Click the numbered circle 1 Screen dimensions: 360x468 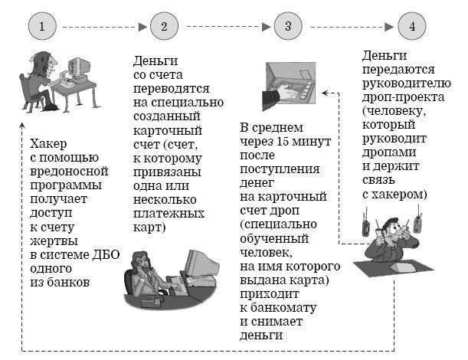point(44,27)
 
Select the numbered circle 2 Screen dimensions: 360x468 point(163,27)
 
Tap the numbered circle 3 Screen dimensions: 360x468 point(287,27)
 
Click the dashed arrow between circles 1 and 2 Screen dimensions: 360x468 point(104,27)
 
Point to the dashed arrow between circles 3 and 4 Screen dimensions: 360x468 point(350,27)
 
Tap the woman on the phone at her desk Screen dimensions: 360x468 point(145,276)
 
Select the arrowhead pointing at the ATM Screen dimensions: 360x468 point(325,93)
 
